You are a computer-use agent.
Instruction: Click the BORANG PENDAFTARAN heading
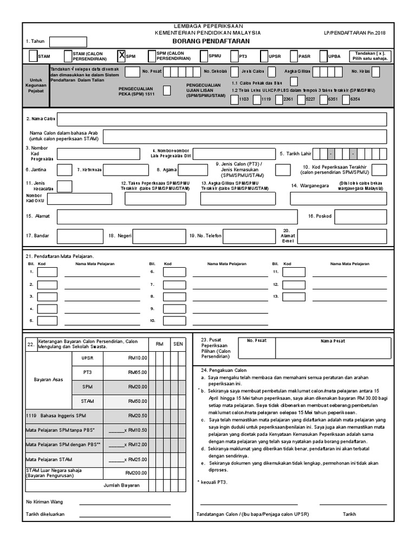point(208,41)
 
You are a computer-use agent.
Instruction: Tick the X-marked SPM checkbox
point(121,56)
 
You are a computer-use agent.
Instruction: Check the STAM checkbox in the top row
point(34,56)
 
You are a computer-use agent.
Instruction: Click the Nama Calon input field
point(222,119)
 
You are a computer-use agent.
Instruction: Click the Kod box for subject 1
point(47,272)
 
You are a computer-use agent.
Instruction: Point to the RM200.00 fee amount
point(136,473)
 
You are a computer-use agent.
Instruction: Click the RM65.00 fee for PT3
point(138,372)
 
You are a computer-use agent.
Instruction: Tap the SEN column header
point(178,344)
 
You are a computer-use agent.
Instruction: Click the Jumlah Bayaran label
point(121,486)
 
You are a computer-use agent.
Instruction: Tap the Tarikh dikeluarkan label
point(45,514)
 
